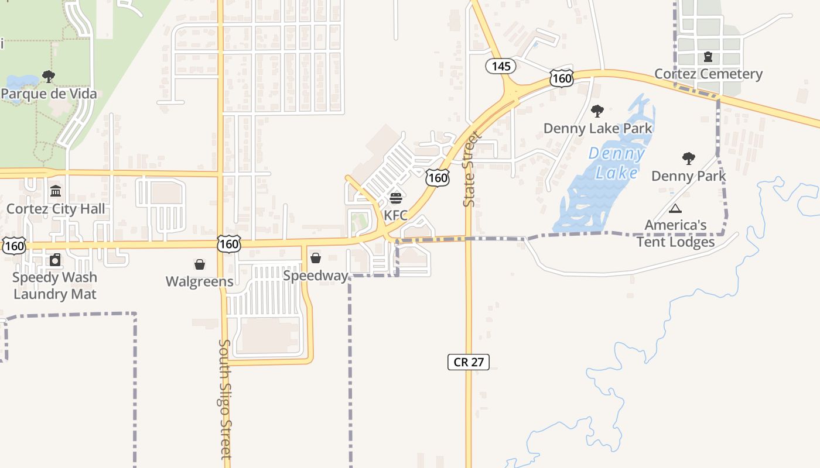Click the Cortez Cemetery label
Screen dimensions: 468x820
point(708,74)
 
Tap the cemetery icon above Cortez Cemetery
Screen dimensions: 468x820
point(708,57)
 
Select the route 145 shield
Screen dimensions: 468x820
point(501,66)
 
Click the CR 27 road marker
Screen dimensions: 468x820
point(468,362)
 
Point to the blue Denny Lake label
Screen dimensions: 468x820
point(617,163)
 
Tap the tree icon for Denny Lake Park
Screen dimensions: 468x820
point(597,111)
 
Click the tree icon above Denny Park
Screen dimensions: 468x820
point(689,159)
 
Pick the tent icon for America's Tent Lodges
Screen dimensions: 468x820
point(675,208)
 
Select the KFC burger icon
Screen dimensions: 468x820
point(396,198)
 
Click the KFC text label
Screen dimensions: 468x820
point(396,215)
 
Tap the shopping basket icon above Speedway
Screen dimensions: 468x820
point(316,258)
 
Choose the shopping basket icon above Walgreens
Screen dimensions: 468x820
point(200,265)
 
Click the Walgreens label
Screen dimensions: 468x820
point(200,282)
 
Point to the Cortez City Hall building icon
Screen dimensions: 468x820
point(56,191)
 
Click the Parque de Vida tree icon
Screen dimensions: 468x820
point(49,77)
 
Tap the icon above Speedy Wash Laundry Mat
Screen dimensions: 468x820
point(55,260)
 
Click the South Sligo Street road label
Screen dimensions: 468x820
point(225,399)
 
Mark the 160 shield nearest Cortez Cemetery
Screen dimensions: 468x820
point(561,78)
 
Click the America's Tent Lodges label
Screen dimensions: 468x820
point(675,233)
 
